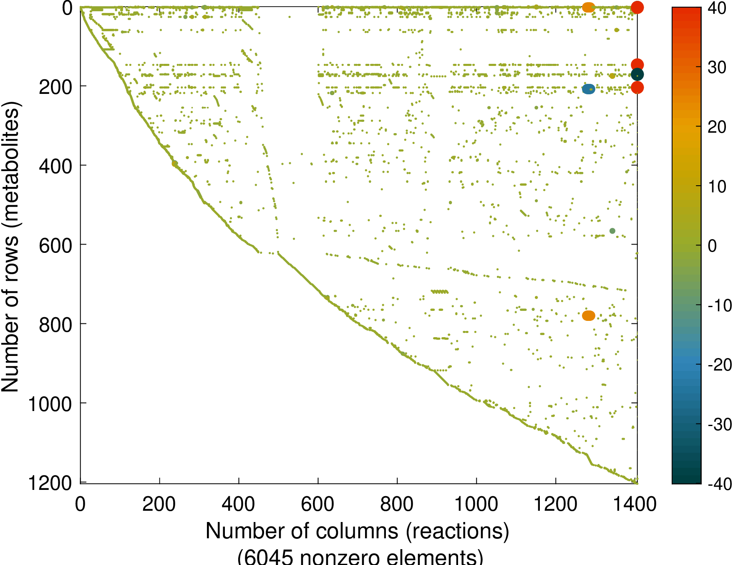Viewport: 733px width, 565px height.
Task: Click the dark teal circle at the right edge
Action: coord(637,75)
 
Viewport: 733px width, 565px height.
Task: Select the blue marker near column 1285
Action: coord(588,89)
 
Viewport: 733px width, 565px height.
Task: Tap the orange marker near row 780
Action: coord(588,315)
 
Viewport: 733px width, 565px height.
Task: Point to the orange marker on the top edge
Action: coord(588,7)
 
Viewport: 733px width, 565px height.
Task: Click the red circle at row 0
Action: coord(637,7)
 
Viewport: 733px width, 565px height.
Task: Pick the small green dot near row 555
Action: coord(612,231)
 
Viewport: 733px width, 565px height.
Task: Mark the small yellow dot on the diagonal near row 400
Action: coord(174,164)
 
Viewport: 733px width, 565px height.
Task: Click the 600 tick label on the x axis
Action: coord(317,504)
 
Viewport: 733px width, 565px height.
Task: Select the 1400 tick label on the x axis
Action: coord(635,504)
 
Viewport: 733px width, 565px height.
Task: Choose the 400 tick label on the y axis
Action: coord(55,166)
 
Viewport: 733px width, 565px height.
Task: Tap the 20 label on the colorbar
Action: coord(717,127)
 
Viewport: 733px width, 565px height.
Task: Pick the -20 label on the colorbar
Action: coord(720,365)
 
